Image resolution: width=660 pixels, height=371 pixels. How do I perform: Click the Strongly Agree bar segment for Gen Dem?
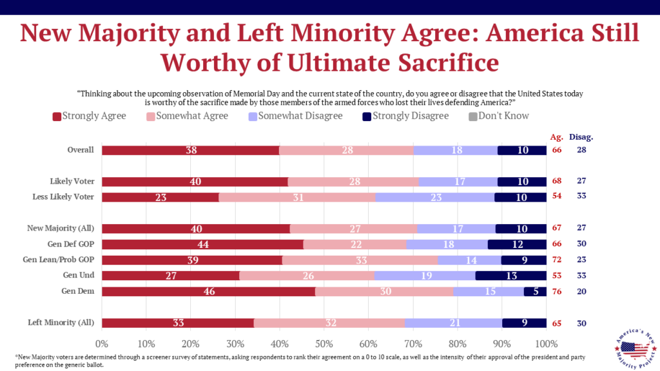coord(208,291)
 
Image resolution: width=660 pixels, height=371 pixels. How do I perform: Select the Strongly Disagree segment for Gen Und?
coord(511,276)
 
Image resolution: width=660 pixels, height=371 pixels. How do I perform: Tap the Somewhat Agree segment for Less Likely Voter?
coord(297,198)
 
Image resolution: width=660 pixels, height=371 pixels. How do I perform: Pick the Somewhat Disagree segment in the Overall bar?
coord(456,150)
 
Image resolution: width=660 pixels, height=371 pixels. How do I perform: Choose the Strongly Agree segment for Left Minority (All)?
coord(177,323)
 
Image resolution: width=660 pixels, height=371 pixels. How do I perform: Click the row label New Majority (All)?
coord(60,229)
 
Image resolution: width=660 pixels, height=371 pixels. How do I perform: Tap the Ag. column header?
coord(556,137)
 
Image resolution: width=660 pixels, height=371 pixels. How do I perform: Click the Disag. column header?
coord(582,137)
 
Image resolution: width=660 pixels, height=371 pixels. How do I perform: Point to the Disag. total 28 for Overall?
coord(581,150)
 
